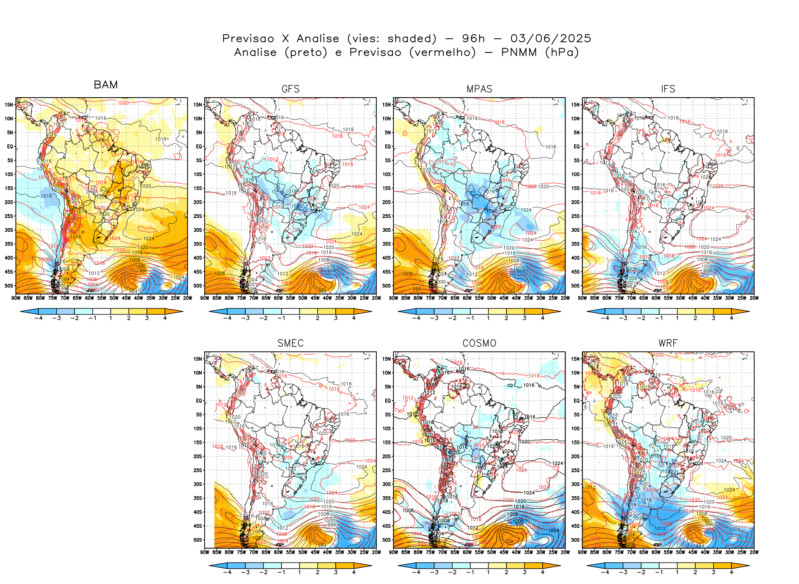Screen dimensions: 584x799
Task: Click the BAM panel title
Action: pyautogui.click(x=106, y=85)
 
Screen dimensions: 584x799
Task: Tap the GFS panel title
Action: pyautogui.click(x=290, y=89)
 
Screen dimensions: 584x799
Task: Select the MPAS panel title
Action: pyautogui.click(x=479, y=89)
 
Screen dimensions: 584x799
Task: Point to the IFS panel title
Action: pyautogui.click(x=668, y=89)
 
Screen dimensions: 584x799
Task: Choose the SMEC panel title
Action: pyautogui.click(x=290, y=343)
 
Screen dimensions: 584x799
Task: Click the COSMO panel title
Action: pyautogui.click(x=479, y=343)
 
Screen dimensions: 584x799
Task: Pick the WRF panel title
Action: pyautogui.click(x=668, y=343)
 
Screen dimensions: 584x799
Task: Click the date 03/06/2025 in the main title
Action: pyautogui.click(x=550, y=39)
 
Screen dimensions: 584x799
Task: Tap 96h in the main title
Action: pyautogui.click(x=474, y=39)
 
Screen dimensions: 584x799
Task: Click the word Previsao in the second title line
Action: pyautogui.click(x=375, y=52)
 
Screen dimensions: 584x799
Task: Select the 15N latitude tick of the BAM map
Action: pyautogui.click(x=9, y=105)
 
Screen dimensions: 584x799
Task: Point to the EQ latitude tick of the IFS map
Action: pyautogui.click(x=577, y=146)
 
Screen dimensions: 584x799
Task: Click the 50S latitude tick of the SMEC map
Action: pyautogui.click(x=198, y=540)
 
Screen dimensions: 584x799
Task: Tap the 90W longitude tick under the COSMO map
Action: pyautogui.click(x=393, y=552)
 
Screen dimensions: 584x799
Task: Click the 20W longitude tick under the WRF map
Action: pyautogui.click(x=754, y=552)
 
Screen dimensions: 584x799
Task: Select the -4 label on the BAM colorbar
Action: pyautogui.click(x=38, y=318)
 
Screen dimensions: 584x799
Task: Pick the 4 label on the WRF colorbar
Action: pyautogui.click(x=731, y=572)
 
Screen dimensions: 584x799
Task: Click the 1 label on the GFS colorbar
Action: pyautogui.click(x=299, y=318)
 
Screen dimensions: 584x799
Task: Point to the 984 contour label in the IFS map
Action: pyautogui.click(x=700, y=291)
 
